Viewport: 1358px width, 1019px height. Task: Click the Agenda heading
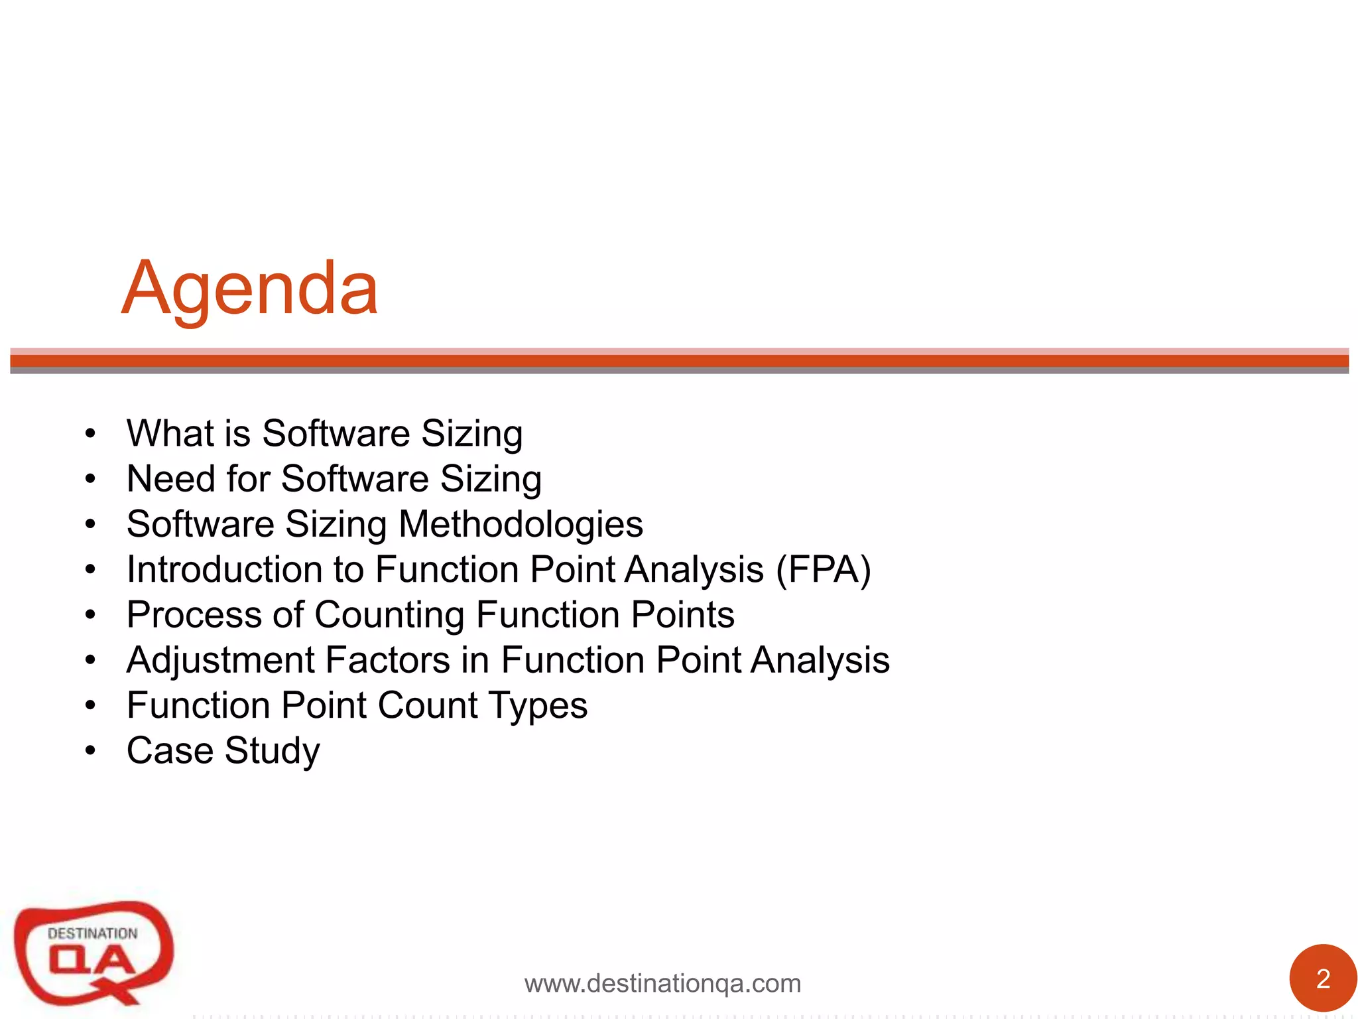250,289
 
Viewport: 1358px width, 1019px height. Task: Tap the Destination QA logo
93,953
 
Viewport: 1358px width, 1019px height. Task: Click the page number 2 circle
1322,979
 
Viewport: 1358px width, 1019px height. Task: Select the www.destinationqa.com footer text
662,983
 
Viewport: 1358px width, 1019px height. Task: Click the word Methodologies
521,524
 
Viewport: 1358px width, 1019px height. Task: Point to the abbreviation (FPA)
824,569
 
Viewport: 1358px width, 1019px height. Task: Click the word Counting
389,614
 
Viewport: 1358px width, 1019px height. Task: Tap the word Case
170,750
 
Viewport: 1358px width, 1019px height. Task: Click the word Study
272,752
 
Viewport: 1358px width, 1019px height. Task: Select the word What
170,433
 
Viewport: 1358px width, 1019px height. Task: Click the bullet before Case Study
90,752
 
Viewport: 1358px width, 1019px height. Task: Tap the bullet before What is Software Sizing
90,435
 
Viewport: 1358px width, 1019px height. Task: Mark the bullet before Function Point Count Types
90,706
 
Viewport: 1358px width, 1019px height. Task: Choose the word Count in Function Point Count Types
428,705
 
